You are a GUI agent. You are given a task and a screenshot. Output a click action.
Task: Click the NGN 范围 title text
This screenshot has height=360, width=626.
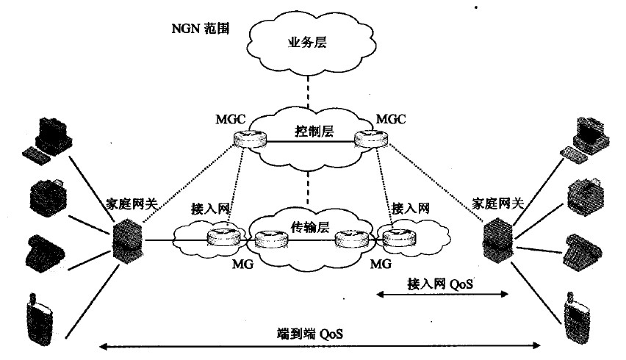(200, 29)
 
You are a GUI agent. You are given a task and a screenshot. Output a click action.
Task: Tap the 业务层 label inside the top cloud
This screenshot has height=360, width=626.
(307, 42)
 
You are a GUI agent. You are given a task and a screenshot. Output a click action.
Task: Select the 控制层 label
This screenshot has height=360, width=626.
(314, 131)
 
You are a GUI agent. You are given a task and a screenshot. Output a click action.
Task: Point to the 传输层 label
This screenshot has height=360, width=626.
(310, 227)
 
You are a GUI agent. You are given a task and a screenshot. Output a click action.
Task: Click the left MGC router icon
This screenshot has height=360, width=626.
(251, 139)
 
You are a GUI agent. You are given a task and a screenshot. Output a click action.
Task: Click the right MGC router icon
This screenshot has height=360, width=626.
(371, 139)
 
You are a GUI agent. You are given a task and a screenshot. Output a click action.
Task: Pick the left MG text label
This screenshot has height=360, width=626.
(242, 264)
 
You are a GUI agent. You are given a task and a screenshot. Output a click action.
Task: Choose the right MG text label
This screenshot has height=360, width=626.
(381, 264)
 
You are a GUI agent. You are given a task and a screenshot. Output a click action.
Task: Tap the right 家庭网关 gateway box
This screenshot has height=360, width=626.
(498, 241)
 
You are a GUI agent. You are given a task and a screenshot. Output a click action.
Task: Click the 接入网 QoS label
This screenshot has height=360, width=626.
(440, 284)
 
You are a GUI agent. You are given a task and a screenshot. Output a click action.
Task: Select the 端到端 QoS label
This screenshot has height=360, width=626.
(310, 334)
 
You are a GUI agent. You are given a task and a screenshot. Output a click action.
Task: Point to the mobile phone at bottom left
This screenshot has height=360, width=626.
(40, 320)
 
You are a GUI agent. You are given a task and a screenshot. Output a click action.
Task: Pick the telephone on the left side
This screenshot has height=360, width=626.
(46, 253)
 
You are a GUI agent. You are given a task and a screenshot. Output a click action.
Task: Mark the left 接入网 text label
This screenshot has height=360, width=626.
(210, 209)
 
